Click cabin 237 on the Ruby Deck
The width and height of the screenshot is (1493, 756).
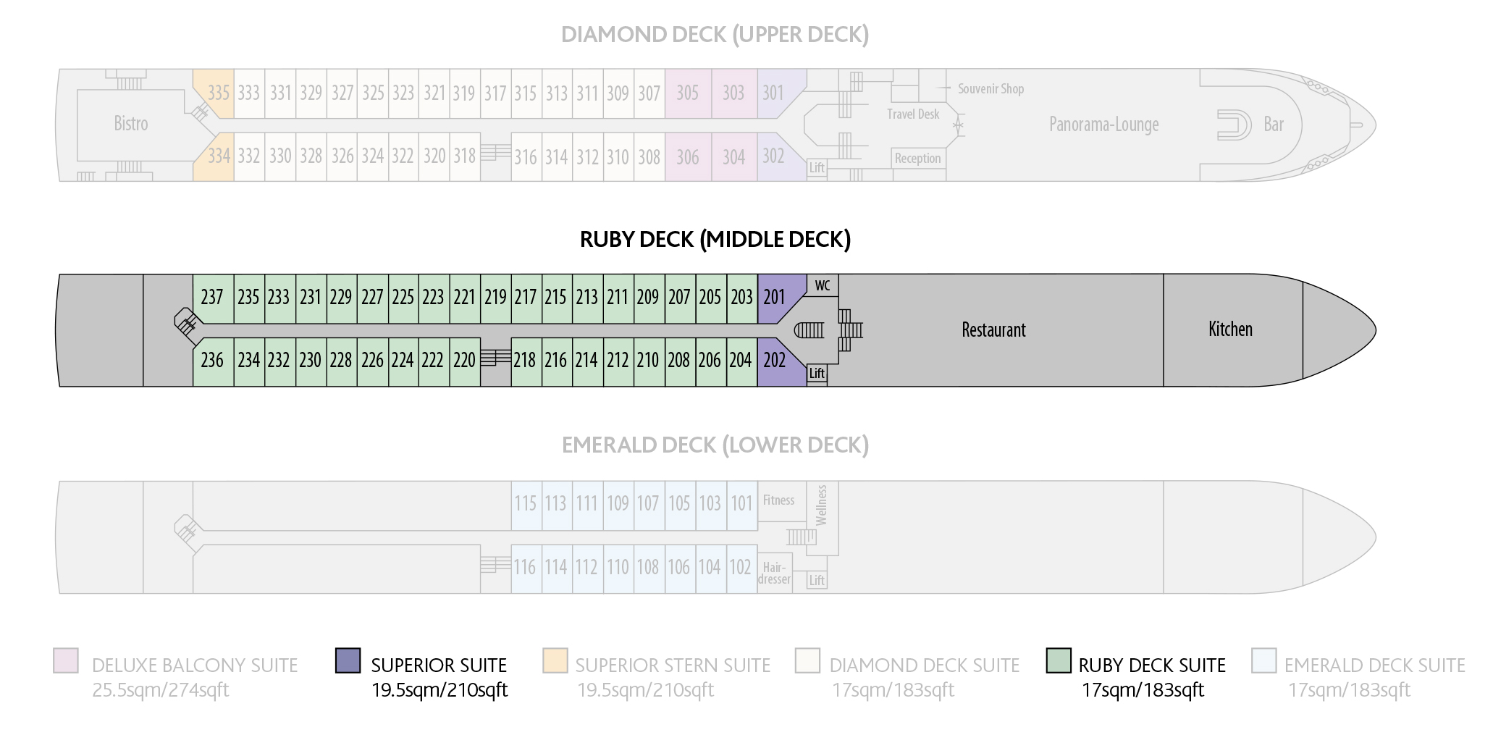point(213,298)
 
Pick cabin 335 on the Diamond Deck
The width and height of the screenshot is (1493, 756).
point(216,93)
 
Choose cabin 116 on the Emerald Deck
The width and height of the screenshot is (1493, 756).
point(526,567)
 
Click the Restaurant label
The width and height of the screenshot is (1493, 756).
point(993,330)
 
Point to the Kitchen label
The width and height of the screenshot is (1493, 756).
point(1230,329)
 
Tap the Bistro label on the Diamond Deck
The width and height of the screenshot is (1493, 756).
point(131,124)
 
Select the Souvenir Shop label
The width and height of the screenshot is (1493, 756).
point(991,89)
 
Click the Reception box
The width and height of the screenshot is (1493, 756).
point(918,159)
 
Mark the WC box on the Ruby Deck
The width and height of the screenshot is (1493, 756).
point(823,285)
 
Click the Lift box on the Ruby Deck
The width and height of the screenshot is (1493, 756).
point(817,374)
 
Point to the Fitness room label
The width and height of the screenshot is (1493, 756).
point(778,500)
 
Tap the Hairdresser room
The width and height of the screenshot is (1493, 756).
point(775,574)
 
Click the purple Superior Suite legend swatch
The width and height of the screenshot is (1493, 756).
point(348,660)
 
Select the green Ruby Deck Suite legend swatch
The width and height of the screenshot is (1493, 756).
point(1059,660)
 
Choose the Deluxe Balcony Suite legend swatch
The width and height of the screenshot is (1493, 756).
point(66,660)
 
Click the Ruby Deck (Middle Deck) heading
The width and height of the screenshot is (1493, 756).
point(715,240)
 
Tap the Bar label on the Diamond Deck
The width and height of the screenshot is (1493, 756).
point(1274,125)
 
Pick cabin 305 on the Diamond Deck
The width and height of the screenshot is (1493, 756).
point(688,93)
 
